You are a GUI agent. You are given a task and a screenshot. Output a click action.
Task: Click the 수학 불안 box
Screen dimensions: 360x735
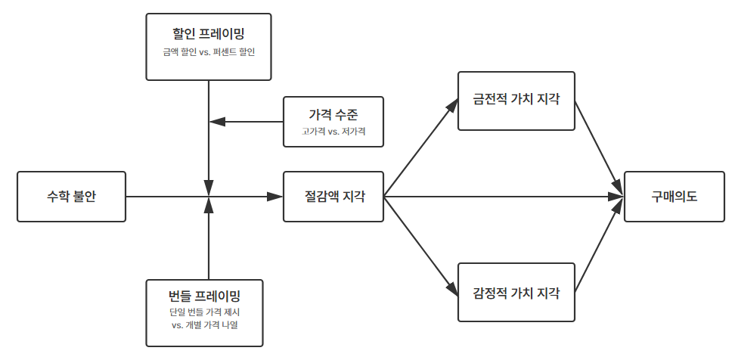pyautogui.click(x=71, y=197)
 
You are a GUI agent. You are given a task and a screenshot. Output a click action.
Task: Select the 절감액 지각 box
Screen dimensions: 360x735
pyautogui.click(x=333, y=197)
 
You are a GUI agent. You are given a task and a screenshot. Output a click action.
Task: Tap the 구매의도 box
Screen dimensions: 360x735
pyautogui.click(x=675, y=197)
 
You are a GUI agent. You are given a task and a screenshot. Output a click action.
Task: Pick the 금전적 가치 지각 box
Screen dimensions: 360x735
pyautogui.click(x=516, y=101)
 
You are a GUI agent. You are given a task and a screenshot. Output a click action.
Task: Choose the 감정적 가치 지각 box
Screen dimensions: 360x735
pyautogui.click(x=516, y=293)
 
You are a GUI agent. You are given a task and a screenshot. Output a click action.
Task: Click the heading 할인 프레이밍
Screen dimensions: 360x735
pyautogui.click(x=208, y=33)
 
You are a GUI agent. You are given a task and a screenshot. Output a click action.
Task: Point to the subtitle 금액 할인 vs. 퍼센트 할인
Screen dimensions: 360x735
pyautogui.click(x=208, y=52)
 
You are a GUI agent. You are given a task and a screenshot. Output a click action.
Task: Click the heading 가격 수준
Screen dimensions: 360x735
pyautogui.click(x=333, y=114)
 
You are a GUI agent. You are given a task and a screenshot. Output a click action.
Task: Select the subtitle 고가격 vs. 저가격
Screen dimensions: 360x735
pyautogui.click(x=333, y=132)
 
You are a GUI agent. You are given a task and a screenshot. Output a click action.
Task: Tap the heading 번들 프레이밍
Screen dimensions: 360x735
pyautogui.click(x=205, y=295)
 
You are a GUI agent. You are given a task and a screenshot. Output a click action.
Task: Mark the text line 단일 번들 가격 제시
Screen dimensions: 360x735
pyautogui.click(x=205, y=312)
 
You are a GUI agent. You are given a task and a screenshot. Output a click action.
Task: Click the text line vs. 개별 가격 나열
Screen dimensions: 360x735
pyautogui.click(x=205, y=325)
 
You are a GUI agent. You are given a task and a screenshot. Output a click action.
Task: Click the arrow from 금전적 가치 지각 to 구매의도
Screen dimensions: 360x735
pyautogui.click(x=599, y=148)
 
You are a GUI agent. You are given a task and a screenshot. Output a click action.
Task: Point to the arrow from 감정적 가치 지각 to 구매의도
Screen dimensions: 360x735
pyautogui.click(x=599, y=245)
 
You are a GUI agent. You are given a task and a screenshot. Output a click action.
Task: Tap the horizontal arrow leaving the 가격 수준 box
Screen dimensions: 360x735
pyautogui.click(x=246, y=121)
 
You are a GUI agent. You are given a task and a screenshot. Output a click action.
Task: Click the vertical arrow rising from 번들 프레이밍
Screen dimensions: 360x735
pyautogui.click(x=208, y=242)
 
